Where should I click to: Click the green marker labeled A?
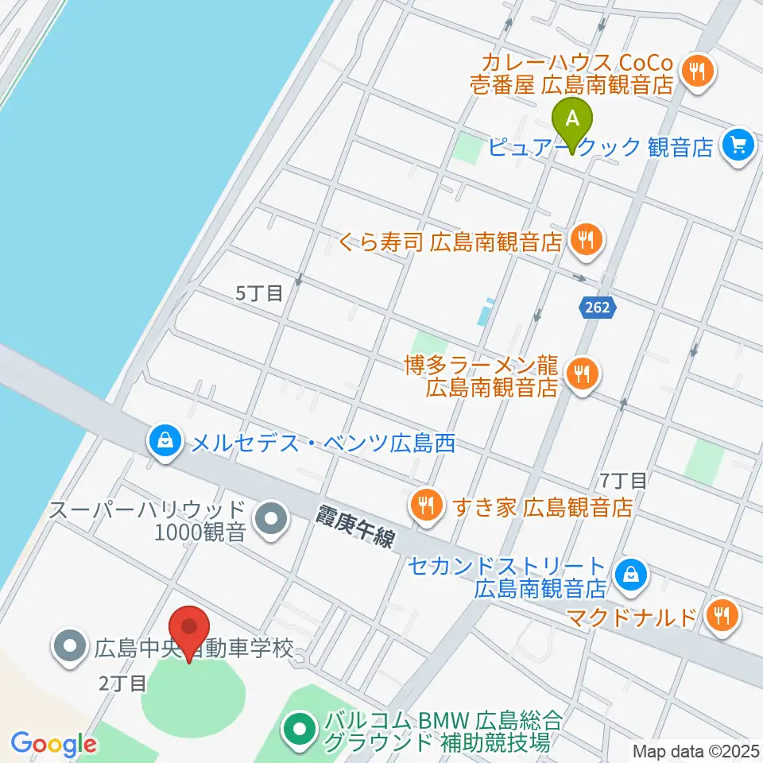click(x=572, y=122)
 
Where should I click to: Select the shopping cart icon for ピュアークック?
click(x=739, y=145)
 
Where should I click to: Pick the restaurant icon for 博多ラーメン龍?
click(x=582, y=371)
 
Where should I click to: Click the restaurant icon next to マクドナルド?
click(x=722, y=615)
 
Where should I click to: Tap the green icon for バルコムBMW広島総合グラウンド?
click(x=300, y=730)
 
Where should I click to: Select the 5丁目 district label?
click(x=259, y=293)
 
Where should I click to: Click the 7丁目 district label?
click(x=625, y=479)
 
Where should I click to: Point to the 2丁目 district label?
click(x=122, y=682)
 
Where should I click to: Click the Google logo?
click(x=53, y=744)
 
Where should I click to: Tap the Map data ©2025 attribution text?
click(x=694, y=750)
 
